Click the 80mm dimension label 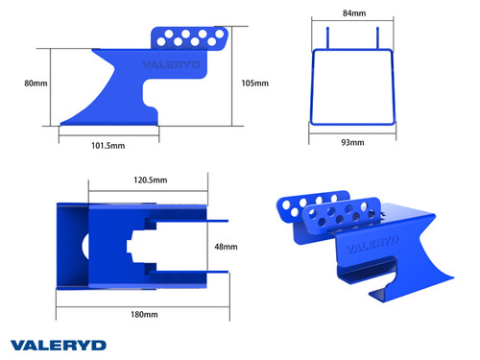(x=36, y=84)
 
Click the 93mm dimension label (x=352, y=143)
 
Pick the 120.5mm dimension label (x=149, y=180)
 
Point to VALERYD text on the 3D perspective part (x=371, y=246)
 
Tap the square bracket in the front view (x=352, y=88)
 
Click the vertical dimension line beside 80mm (x=51, y=86)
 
